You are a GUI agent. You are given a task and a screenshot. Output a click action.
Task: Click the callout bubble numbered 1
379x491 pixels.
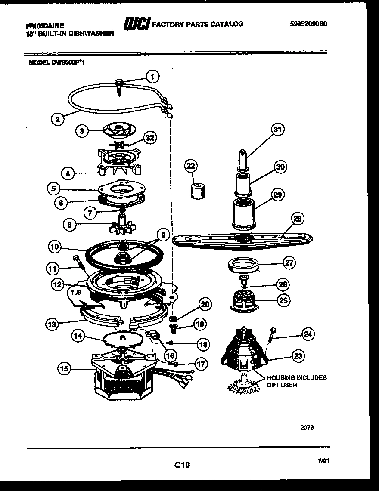(152, 77)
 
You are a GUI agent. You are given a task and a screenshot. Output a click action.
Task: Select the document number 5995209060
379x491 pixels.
(308, 24)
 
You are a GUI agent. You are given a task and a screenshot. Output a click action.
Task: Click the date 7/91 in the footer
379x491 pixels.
(323, 460)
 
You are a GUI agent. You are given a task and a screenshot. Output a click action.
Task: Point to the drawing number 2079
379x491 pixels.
(307, 428)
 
